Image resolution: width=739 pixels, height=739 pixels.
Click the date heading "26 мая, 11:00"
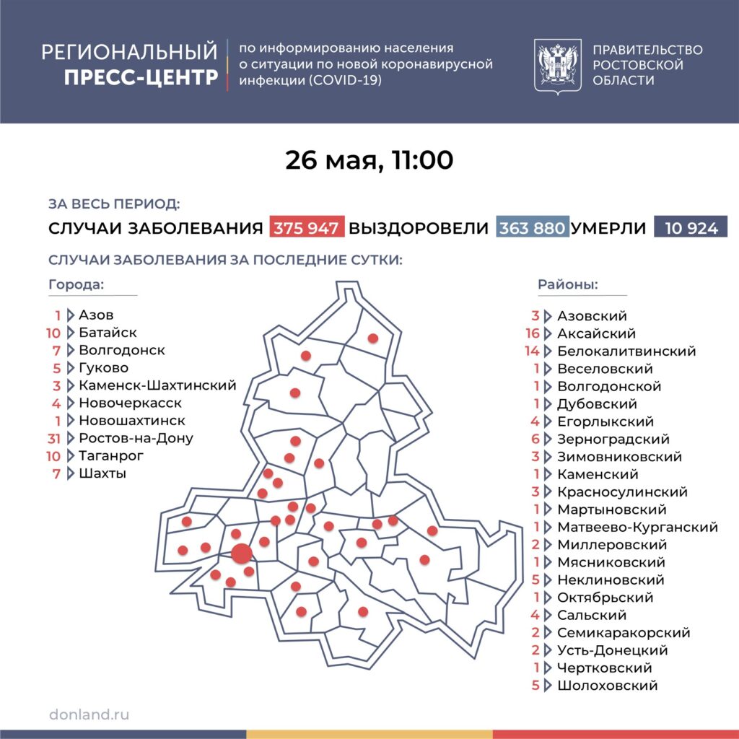point(369,160)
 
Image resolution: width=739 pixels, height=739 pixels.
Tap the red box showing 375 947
point(307,228)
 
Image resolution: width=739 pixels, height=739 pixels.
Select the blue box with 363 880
point(533,228)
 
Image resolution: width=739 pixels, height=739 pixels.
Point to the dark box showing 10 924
point(691,228)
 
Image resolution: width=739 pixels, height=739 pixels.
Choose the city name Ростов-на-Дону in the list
point(136,438)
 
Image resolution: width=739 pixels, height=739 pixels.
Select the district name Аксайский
point(596,333)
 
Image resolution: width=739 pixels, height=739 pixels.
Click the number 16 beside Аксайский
point(533,333)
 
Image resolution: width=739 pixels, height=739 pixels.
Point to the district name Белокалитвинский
point(626,351)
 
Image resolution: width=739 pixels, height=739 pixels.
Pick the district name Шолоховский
point(607,686)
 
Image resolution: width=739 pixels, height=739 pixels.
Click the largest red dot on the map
point(242,554)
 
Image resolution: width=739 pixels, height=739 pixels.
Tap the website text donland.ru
point(89,714)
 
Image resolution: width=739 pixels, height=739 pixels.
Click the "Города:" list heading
point(76,284)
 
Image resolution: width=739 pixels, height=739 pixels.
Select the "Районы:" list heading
point(567,284)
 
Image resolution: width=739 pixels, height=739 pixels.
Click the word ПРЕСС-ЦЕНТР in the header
point(141,77)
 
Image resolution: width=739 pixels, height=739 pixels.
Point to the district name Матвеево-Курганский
point(637,528)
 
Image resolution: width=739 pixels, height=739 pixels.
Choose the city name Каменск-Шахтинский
point(157,385)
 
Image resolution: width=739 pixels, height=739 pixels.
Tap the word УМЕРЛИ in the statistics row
point(608,228)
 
